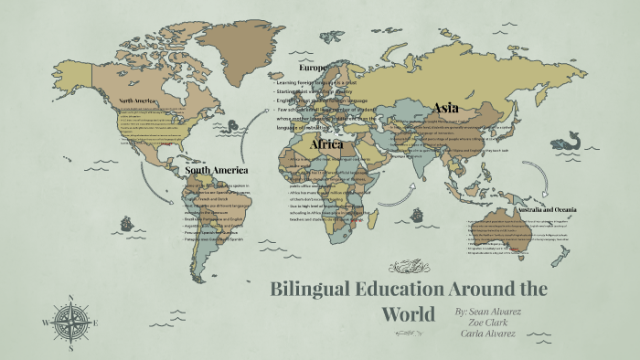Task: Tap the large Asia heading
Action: pyautogui.click(x=446, y=108)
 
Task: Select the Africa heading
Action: pyautogui.click(x=326, y=144)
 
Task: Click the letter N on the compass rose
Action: pyautogui.click(x=70, y=297)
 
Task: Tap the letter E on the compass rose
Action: pyautogui.click(x=96, y=323)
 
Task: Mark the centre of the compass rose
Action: pyautogui.click(x=70, y=323)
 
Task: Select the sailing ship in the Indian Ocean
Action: pyautogui.click(x=419, y=217)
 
